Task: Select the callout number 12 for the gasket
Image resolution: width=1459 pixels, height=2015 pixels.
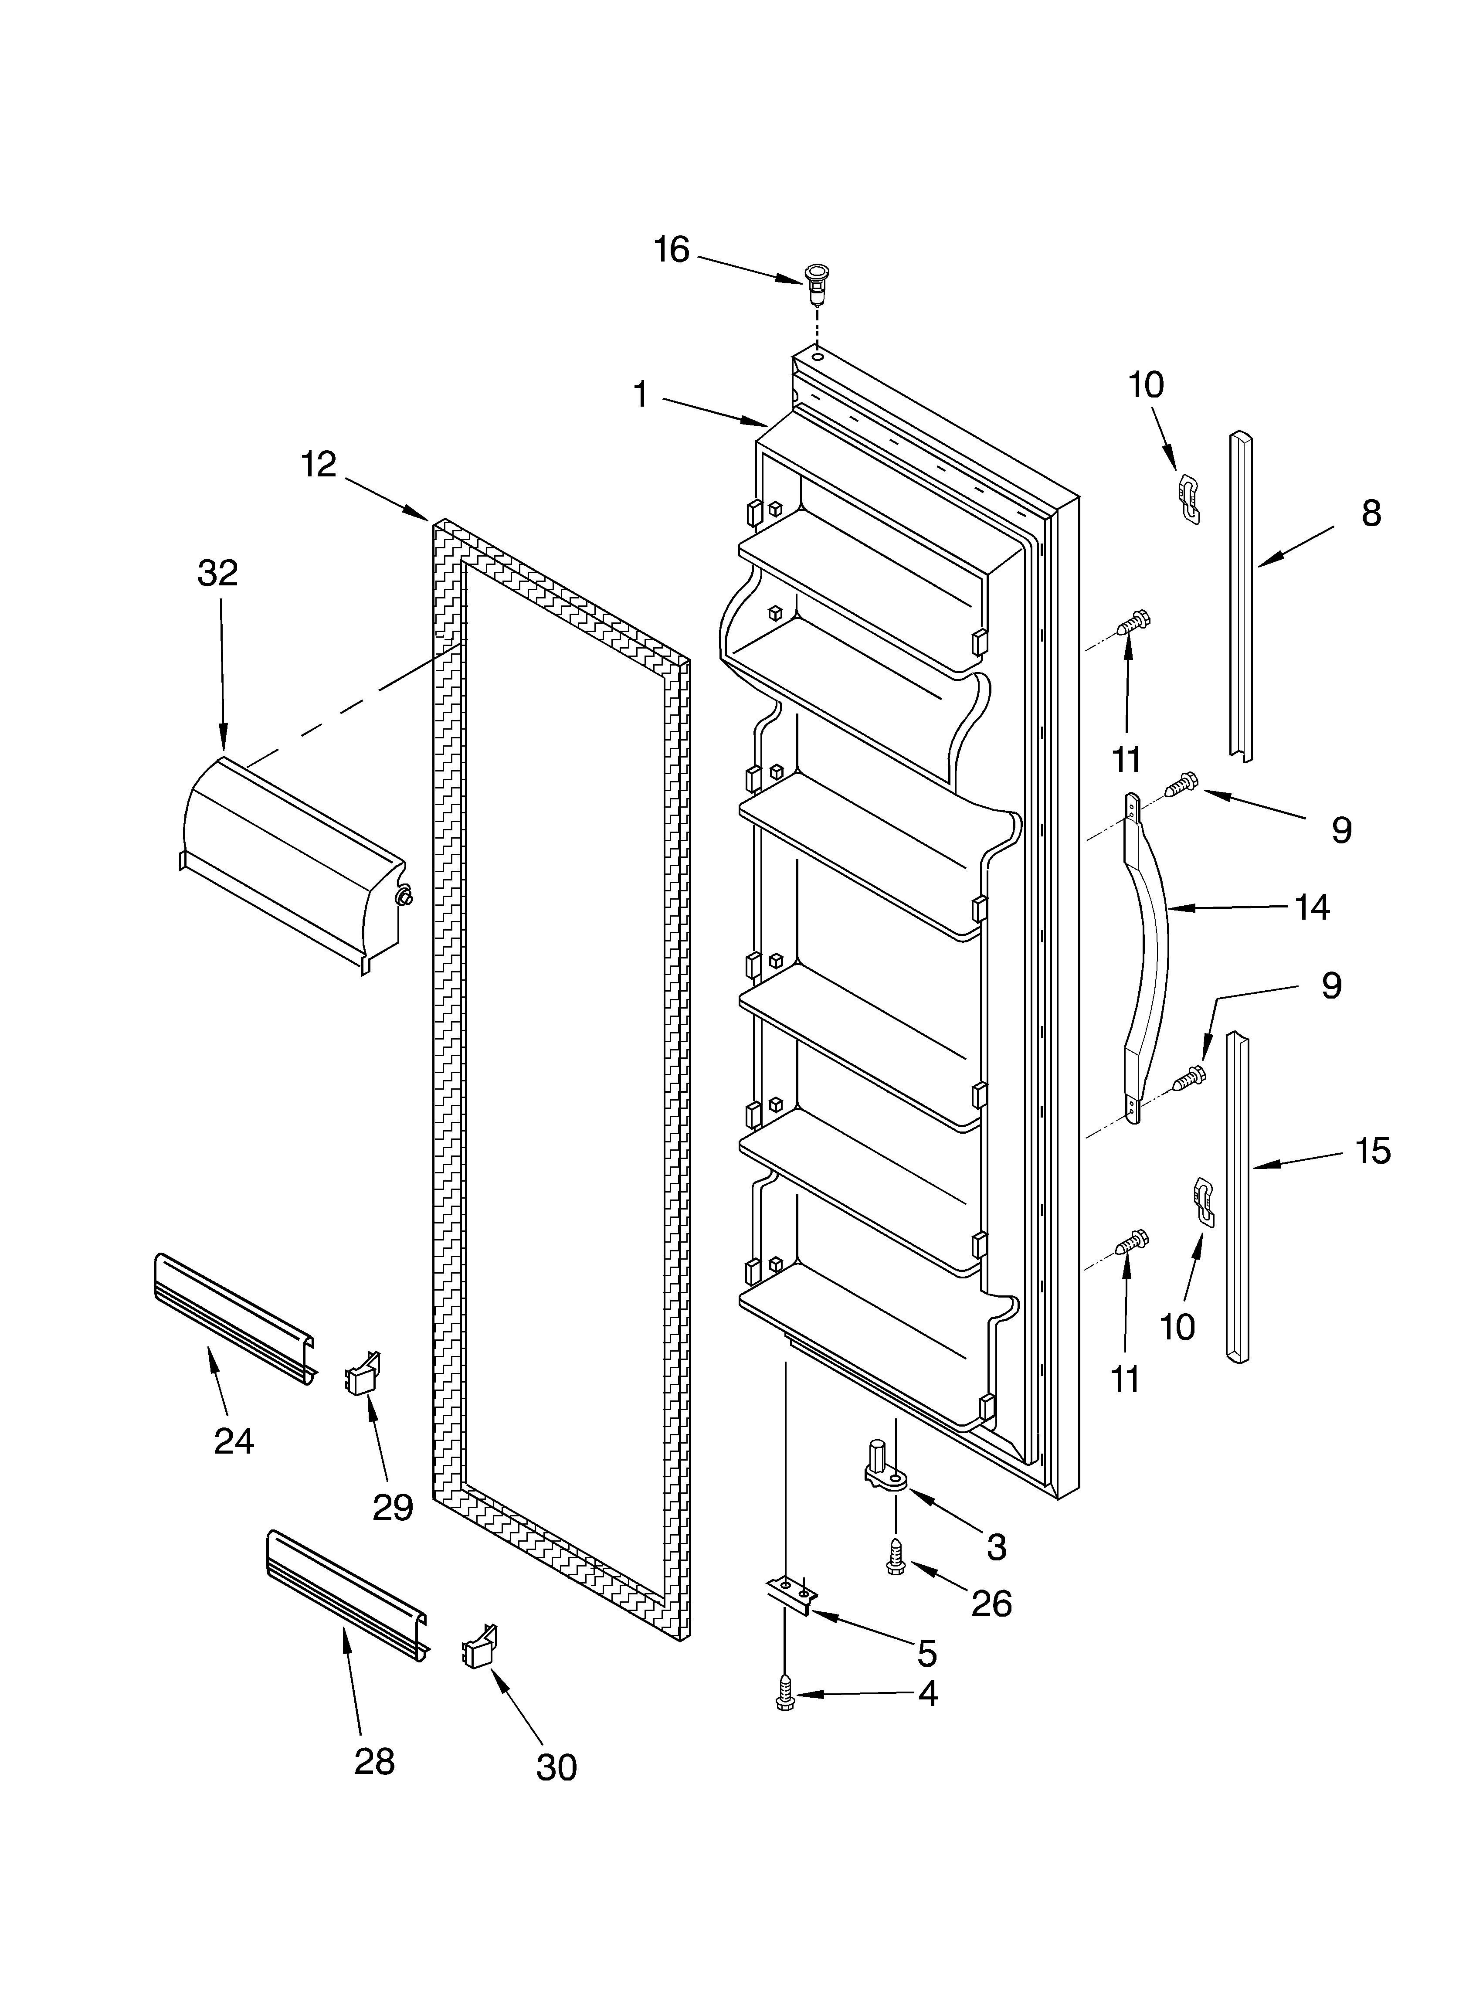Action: [318, 464]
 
